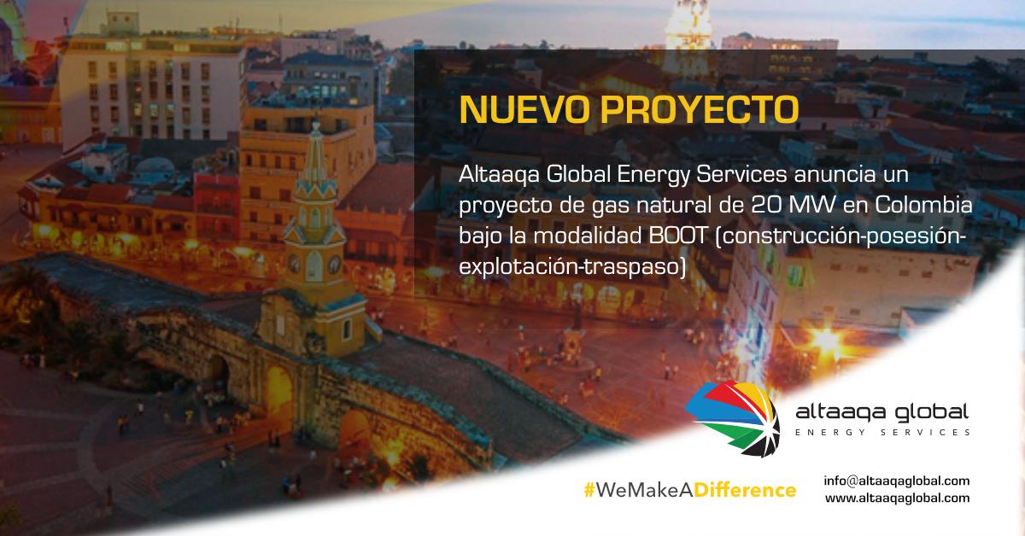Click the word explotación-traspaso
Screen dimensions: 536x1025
point(572,266)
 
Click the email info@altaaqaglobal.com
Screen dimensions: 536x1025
point(897,481)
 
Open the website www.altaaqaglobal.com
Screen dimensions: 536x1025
point(897,498)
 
